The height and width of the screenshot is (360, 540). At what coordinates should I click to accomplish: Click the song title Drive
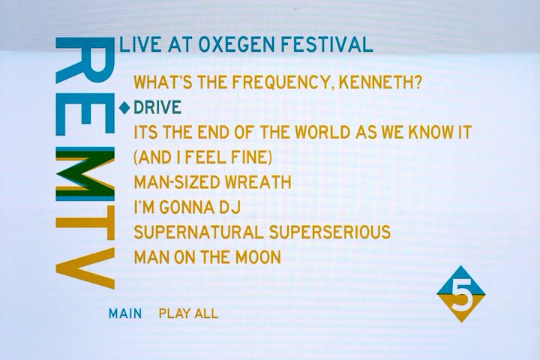click(157, 107)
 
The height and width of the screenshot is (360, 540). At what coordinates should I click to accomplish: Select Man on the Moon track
click(207, 257)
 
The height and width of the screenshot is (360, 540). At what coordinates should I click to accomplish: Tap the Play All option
click(188, 313)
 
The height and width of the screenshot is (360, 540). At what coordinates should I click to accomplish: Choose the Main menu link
click(125, 313)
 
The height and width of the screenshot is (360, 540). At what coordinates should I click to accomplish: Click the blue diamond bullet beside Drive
click(124, 108)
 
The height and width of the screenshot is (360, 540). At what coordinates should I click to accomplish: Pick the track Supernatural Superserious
click(262, 232)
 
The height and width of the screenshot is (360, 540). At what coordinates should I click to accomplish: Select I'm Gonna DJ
click(187, 208)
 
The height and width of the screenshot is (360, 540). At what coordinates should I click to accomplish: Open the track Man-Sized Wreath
click(212, 182)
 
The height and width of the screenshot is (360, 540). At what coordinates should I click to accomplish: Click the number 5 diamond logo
click(460, 294)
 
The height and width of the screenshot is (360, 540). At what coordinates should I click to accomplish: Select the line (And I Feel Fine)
click(202, 157)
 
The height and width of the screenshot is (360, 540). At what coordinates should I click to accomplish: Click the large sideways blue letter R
click(85, 60)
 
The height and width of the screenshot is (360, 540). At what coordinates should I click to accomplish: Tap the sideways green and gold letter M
click(85, 174)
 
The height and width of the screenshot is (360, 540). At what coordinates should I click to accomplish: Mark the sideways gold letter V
click(85, 268)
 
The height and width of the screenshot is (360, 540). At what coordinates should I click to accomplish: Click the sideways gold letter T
click(85, 223)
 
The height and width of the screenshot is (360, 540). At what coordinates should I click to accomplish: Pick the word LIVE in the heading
click(140, 44)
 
